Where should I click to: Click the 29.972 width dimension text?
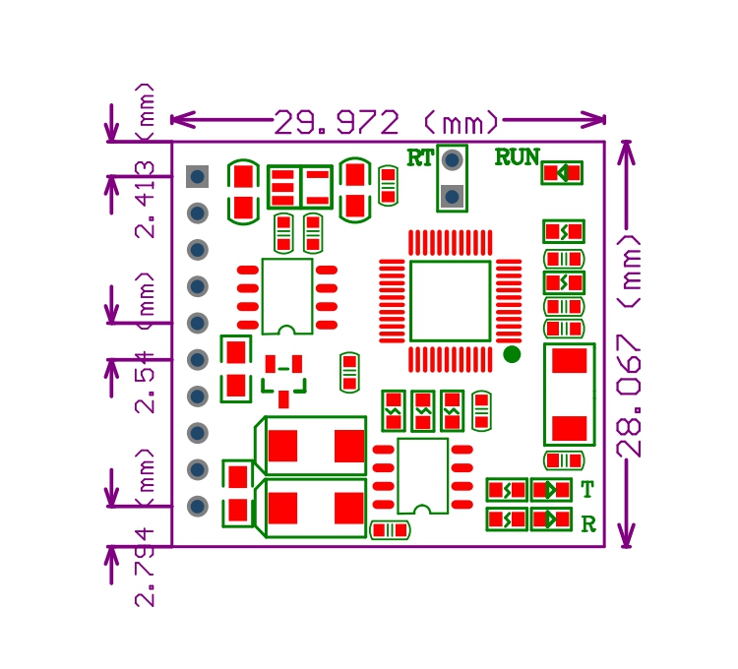click(x=337, y=122)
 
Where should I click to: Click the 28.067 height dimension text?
click(x=630, y=395)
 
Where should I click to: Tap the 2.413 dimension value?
click(x=145, y=200)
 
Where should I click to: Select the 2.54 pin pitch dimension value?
click(x=145, y=382)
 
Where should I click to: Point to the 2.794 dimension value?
click(x=145, y=567)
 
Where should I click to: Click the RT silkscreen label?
click(x=420, y=158)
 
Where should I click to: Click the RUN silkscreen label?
click(x=517, y=157)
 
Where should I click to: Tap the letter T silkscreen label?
click(x=587, y=490)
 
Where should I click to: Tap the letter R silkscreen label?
click(x=588, y=523)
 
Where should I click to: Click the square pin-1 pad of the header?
click(x=197, y=176)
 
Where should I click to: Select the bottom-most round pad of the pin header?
click(x=198, y=507)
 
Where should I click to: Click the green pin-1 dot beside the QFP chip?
click(x=512, y=354)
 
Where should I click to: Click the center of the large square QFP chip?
click(x=451, y=301)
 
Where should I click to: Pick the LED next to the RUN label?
click(x=562, y=172)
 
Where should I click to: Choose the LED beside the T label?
click(x=551, y=490)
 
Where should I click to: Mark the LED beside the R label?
click(x=551, y=519)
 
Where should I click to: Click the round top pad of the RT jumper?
click(x=452, y=160)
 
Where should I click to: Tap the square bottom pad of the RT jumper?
click(x=452, y=196)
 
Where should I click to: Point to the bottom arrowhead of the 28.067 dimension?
click(x=626, y=536)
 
